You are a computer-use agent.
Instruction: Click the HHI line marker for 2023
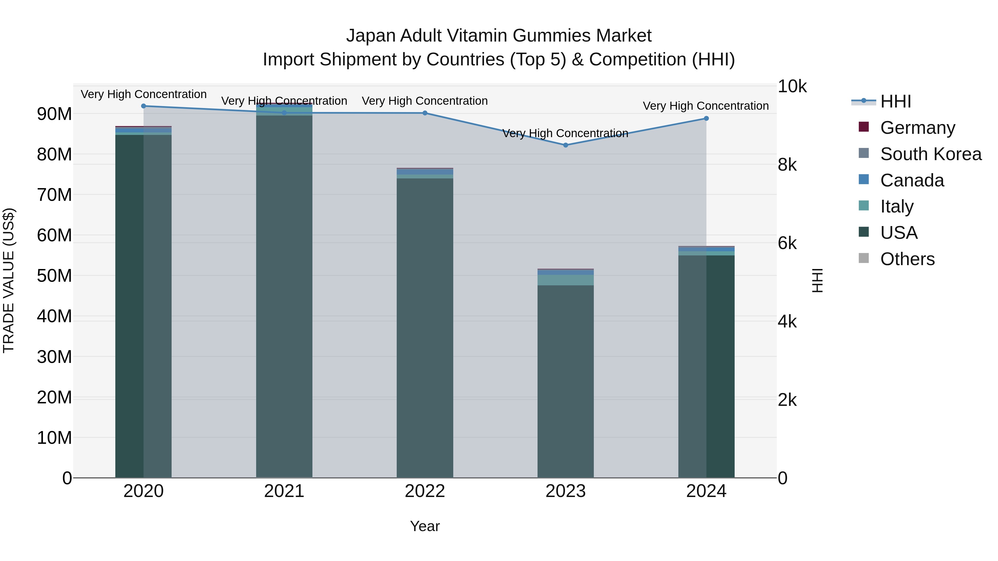565,145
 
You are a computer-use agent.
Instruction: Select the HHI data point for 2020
143,106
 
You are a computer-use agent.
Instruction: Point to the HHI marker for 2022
425,113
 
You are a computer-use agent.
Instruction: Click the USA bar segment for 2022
425,329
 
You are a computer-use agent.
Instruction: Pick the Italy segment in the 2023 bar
565,280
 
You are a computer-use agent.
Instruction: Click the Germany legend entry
917,128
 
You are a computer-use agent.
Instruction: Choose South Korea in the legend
931,154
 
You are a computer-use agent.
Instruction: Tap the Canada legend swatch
864,180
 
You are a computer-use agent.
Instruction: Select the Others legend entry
907,259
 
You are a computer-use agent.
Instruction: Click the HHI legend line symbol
863,101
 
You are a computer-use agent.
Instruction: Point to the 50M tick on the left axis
54,276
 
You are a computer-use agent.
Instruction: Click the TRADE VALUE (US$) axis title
9,280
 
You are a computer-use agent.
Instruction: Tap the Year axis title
425,526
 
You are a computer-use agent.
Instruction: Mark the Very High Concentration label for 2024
706,106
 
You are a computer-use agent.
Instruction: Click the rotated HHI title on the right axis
817,280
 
